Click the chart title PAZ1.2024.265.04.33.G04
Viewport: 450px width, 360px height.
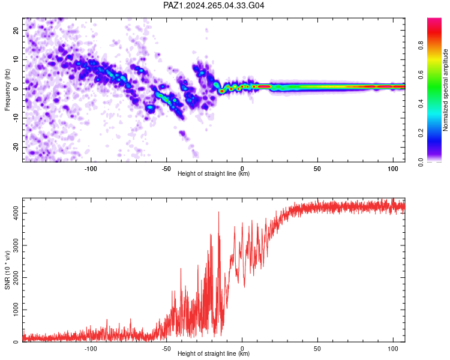coord(214,5)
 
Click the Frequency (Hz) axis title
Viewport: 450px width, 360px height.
coord(7,90)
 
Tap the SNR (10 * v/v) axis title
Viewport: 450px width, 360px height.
coord(7,270)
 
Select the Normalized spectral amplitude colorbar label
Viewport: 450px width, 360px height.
coord(445,90)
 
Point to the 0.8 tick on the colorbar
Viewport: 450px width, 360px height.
coord(421,46)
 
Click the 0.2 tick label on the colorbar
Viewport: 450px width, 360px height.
coord(421,133)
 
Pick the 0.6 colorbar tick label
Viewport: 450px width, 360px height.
coord(421,74)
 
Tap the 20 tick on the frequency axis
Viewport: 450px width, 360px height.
coord(16,31)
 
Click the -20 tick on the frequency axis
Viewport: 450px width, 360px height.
coord(16,148)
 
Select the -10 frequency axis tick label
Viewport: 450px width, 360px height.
coord(16,118)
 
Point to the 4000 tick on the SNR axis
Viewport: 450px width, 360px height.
coord(16,214)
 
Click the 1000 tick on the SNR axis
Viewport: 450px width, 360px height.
coord(16,310)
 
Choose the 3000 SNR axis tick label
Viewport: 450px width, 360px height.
coord(16,245)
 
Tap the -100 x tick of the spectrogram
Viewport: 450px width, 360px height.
coord(91,169)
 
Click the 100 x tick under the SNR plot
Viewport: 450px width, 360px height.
coord(393,349)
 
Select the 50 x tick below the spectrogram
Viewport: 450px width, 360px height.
coord(317,169)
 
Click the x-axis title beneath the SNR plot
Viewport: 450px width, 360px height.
coord(214,353)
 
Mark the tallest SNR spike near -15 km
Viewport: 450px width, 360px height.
coord(218,212)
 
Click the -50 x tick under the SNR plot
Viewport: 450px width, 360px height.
coord(166,349)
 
